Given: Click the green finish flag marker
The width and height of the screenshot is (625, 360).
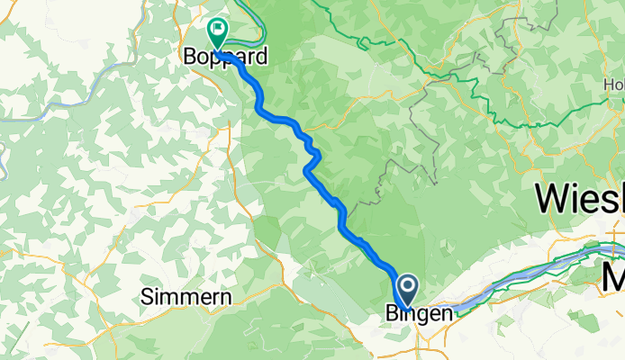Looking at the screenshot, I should tap(217, 31).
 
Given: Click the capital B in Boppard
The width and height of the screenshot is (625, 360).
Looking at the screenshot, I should tap(191, 57).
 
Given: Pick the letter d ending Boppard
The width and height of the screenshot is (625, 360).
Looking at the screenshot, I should tap(261, 57).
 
